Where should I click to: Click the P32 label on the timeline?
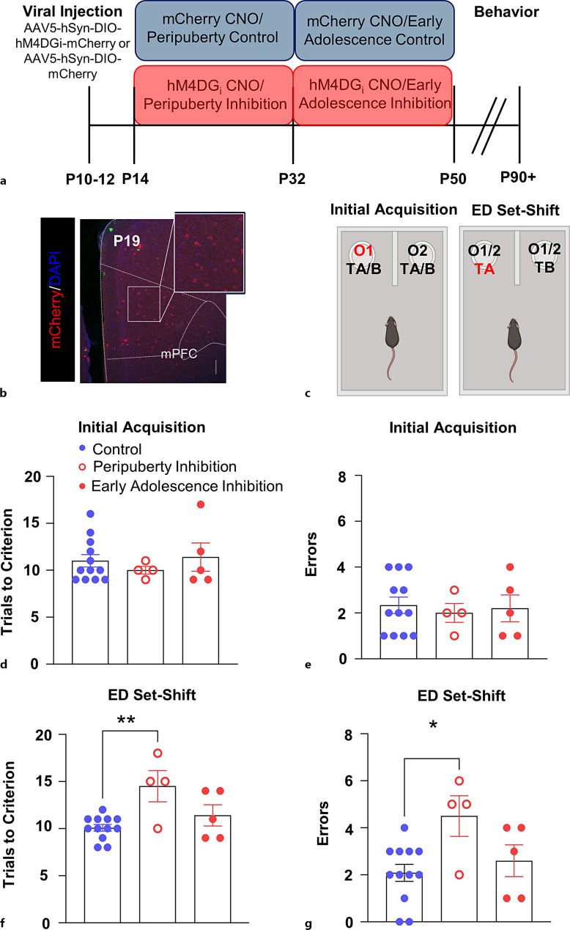[x=293, y=177]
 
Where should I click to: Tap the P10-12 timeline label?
[x=90, y=177]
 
